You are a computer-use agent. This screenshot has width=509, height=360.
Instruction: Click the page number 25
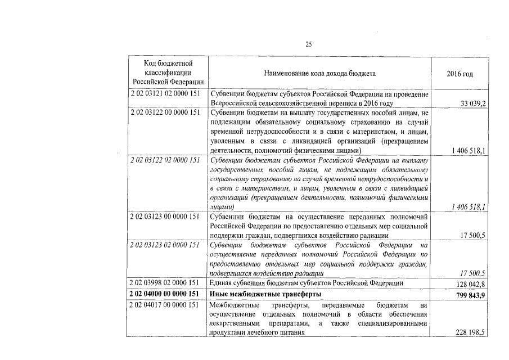pos(308,44)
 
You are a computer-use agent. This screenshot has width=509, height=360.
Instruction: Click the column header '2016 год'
pos(460,74)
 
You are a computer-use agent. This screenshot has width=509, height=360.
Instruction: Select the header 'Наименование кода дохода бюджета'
pos(319,74)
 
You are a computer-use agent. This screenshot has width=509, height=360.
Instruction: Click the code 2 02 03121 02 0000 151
pos(165,94)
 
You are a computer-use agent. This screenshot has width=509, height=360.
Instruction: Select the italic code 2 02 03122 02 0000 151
pos(165,160)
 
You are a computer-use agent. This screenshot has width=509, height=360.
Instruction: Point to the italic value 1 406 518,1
pos(469,208)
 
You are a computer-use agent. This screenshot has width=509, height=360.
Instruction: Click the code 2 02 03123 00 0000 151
pos(165,217)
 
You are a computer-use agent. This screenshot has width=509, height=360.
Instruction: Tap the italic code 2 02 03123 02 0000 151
pos(165,245)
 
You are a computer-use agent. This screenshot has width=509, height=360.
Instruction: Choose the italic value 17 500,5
pos(473,273)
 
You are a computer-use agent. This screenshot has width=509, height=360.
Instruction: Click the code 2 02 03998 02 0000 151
pos(165,283)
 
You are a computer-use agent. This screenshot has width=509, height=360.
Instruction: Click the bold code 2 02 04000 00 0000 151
pos(165,294)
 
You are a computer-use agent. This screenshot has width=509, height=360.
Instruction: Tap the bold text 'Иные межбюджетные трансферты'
pos(265,294)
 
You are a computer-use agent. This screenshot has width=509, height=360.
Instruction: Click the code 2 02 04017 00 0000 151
pos(165,305)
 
